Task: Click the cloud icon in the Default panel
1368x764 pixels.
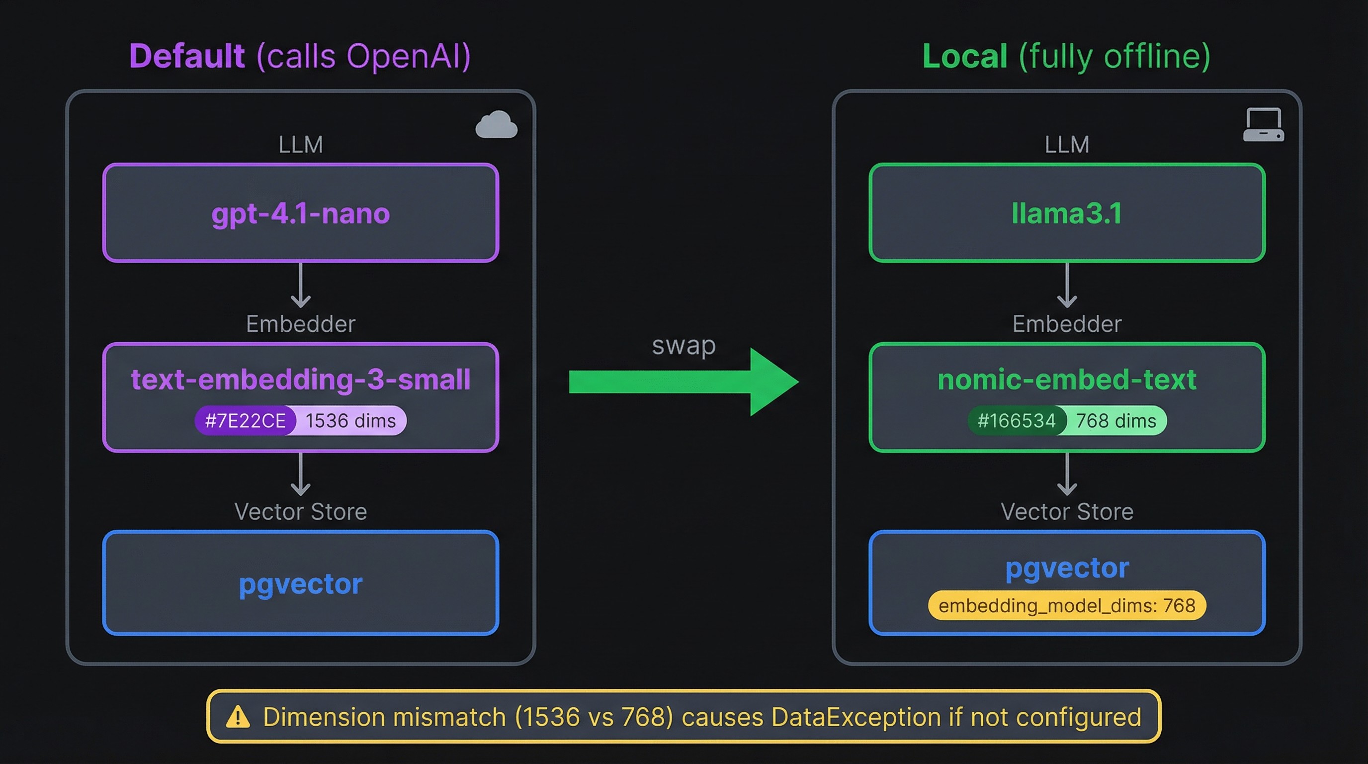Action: tap(496, 125)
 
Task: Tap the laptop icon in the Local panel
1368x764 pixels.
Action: tap(1264, 125)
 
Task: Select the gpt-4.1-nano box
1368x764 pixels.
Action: tap(301, 213)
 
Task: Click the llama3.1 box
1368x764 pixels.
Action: tap(1067, 213)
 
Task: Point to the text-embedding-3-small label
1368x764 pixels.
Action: tap(301, 380)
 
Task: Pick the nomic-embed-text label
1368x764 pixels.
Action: tap(1067, 380)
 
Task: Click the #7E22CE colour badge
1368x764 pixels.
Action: tap(246, 421)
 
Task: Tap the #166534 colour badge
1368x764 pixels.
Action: tap(1017, 421)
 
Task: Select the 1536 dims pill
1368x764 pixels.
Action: tap(350, 421)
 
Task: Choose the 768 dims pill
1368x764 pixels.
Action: tap(1116, 421)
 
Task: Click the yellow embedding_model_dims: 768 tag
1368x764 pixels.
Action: tap(1067, 605)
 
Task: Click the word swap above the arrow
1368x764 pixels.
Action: tap(684, 345)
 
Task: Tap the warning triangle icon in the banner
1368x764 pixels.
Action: tap(238, 717)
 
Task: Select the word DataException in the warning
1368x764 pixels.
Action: tap(856, 717)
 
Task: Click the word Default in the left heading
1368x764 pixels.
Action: tap(187, 56)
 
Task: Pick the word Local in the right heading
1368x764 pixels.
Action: tap(965, 56)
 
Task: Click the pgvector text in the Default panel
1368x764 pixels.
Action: tap(301, 584)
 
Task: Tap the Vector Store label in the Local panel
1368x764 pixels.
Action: tap(1067, 512)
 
